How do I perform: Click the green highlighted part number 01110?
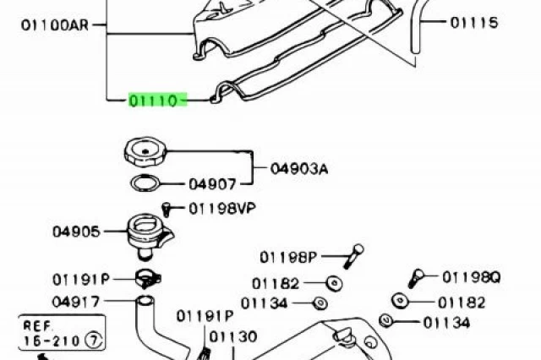coord(158,101)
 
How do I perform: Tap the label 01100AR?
coord(55,25)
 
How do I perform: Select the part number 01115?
coord(474,23)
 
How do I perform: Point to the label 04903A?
coord(299,169)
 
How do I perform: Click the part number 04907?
coord(212,184)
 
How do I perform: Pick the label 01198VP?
coord(222,208)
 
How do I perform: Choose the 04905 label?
coord(76,232)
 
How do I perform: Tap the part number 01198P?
coord(288,257)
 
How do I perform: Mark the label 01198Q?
coord(472,277)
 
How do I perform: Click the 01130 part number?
coord(233,336)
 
